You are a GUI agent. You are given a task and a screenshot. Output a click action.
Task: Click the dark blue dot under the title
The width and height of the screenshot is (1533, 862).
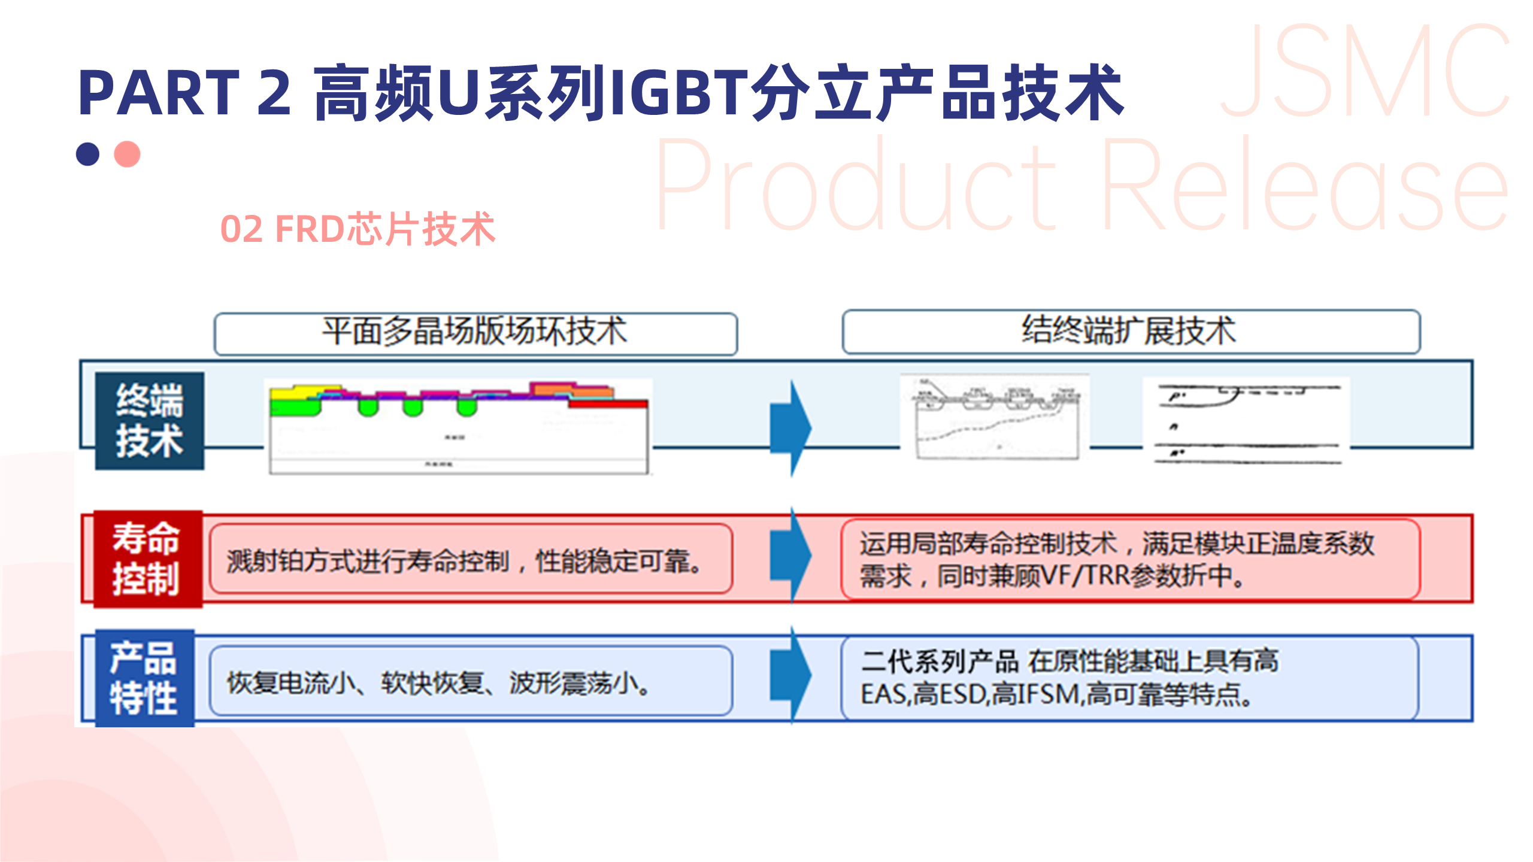pyautogui.click(x=87, y=154)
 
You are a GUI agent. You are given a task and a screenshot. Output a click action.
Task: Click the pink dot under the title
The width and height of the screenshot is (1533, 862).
pyautogui.click(x=127, y=154)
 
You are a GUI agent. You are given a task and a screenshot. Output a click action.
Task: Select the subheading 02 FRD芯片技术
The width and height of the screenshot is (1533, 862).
pyautogui.click(x=358, y=229)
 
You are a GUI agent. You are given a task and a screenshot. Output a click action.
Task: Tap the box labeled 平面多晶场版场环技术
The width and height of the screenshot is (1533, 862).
pyautogui.click(x=475, y=333)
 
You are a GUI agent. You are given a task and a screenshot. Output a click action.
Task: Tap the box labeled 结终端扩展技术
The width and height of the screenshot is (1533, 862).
pyautogui.click(x=1131, y=332)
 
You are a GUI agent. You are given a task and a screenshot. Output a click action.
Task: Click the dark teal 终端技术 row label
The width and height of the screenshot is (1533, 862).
pyautogui.click(x=150, y=420)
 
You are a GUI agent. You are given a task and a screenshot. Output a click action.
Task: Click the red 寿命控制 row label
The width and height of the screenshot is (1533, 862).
pyautogui.click(x=147, y=559)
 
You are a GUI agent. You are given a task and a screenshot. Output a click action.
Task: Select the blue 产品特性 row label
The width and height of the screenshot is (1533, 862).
pyautogui.click(x=144, y=678)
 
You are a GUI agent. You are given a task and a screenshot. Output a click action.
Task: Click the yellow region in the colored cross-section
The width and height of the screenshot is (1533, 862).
pyautogui.click(x=293, y=393)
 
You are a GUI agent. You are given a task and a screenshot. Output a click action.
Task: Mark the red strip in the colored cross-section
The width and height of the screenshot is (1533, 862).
pyautogui.click(x=608, y=405)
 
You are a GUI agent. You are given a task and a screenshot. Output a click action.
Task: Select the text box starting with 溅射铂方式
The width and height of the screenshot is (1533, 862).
pyautogui.click(x=471, y=559)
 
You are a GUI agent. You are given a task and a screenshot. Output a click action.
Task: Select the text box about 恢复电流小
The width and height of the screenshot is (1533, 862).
pyautogui.click(x=471, y=681)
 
